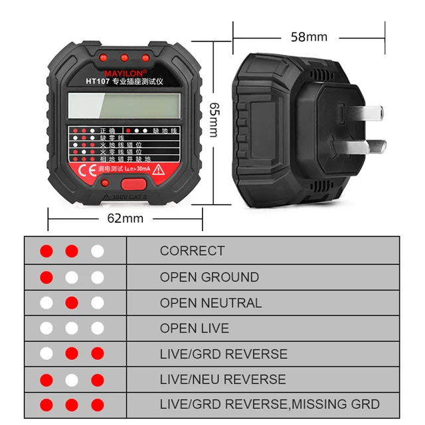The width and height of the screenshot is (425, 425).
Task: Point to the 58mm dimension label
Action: click(x=309, y=37)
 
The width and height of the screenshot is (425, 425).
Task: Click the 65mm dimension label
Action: click(x=214, y=120)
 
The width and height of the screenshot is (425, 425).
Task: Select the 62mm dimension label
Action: click(x=125, y=218)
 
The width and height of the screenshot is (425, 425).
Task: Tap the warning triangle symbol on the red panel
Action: click(x=159, y=170)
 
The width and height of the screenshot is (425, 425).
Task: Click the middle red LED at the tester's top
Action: click(x=124, y=57)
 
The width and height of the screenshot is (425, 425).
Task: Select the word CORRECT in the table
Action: click(x=192, y=252)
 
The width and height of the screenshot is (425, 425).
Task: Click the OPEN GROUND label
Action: click(x=209, y=277)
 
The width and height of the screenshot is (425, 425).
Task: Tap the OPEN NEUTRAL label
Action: click(x=211, y=303)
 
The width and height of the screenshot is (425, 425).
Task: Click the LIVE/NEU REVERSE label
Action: click(x=222, y=379)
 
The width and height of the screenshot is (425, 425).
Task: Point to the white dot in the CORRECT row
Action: click(x=98, y=252)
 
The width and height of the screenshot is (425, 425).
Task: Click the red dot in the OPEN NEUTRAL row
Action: click(x=72, y=303)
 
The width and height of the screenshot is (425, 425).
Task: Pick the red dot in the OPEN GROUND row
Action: click(x=46, y=277)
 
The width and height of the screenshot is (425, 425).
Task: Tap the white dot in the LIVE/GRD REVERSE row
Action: click(x=46, y=354)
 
